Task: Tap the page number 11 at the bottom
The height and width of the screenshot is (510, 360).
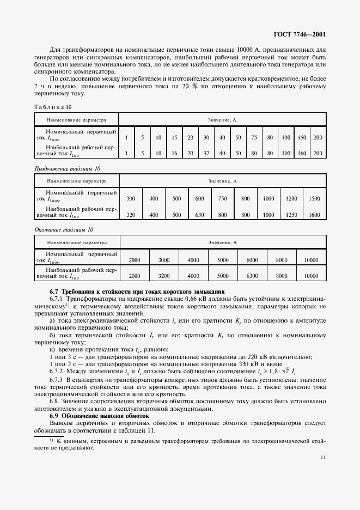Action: point(324,458)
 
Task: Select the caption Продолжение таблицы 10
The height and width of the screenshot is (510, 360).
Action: point(68,169)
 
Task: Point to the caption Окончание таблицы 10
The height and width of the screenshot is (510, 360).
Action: point(64,230)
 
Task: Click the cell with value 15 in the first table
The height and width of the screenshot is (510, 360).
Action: point(174,138)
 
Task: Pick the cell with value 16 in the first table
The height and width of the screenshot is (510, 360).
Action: point(174,154)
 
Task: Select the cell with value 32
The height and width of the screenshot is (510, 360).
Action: point(206,154)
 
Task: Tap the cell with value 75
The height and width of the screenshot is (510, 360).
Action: point(254,138)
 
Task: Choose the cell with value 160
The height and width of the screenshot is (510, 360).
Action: point(302,154)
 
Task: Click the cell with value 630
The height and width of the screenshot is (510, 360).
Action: point(199,215)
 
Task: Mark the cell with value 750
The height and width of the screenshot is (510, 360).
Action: point(223,199)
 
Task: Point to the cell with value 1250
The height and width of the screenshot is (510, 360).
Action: point(291,215)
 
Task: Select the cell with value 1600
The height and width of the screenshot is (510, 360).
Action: point(314,215)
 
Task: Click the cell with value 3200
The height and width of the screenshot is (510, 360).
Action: point(164,276)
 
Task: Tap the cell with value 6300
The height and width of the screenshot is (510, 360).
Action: point(252,276)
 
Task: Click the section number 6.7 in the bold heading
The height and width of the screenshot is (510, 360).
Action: point(55,292)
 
